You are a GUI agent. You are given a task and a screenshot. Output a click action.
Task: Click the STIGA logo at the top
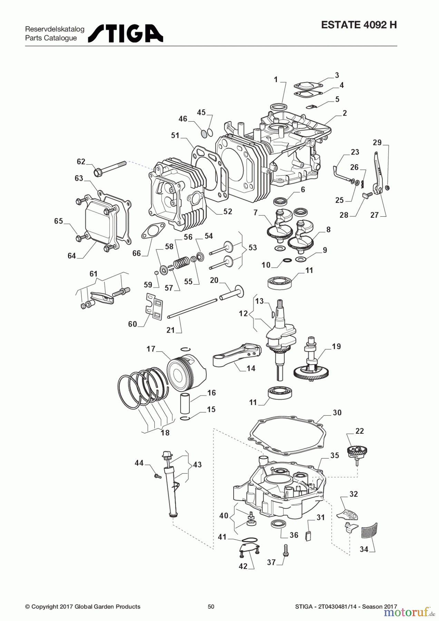click(126, 33)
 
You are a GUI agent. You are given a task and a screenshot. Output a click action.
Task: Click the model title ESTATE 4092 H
click(359, 25)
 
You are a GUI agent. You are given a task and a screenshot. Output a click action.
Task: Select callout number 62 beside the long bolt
click(81, 161)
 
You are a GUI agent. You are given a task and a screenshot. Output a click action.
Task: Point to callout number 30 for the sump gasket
click(337, 413)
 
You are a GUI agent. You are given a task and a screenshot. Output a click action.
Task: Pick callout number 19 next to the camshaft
click(336, 346)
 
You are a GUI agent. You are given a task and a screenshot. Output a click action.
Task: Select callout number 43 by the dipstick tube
click(197, 465)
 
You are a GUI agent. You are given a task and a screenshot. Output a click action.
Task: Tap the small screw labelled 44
click(158, 476)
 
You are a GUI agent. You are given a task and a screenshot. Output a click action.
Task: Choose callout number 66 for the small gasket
click(137, 253)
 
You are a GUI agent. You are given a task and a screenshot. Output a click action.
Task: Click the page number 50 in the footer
click(211, 607)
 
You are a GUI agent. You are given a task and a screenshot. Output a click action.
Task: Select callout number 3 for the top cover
click(337, 75)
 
